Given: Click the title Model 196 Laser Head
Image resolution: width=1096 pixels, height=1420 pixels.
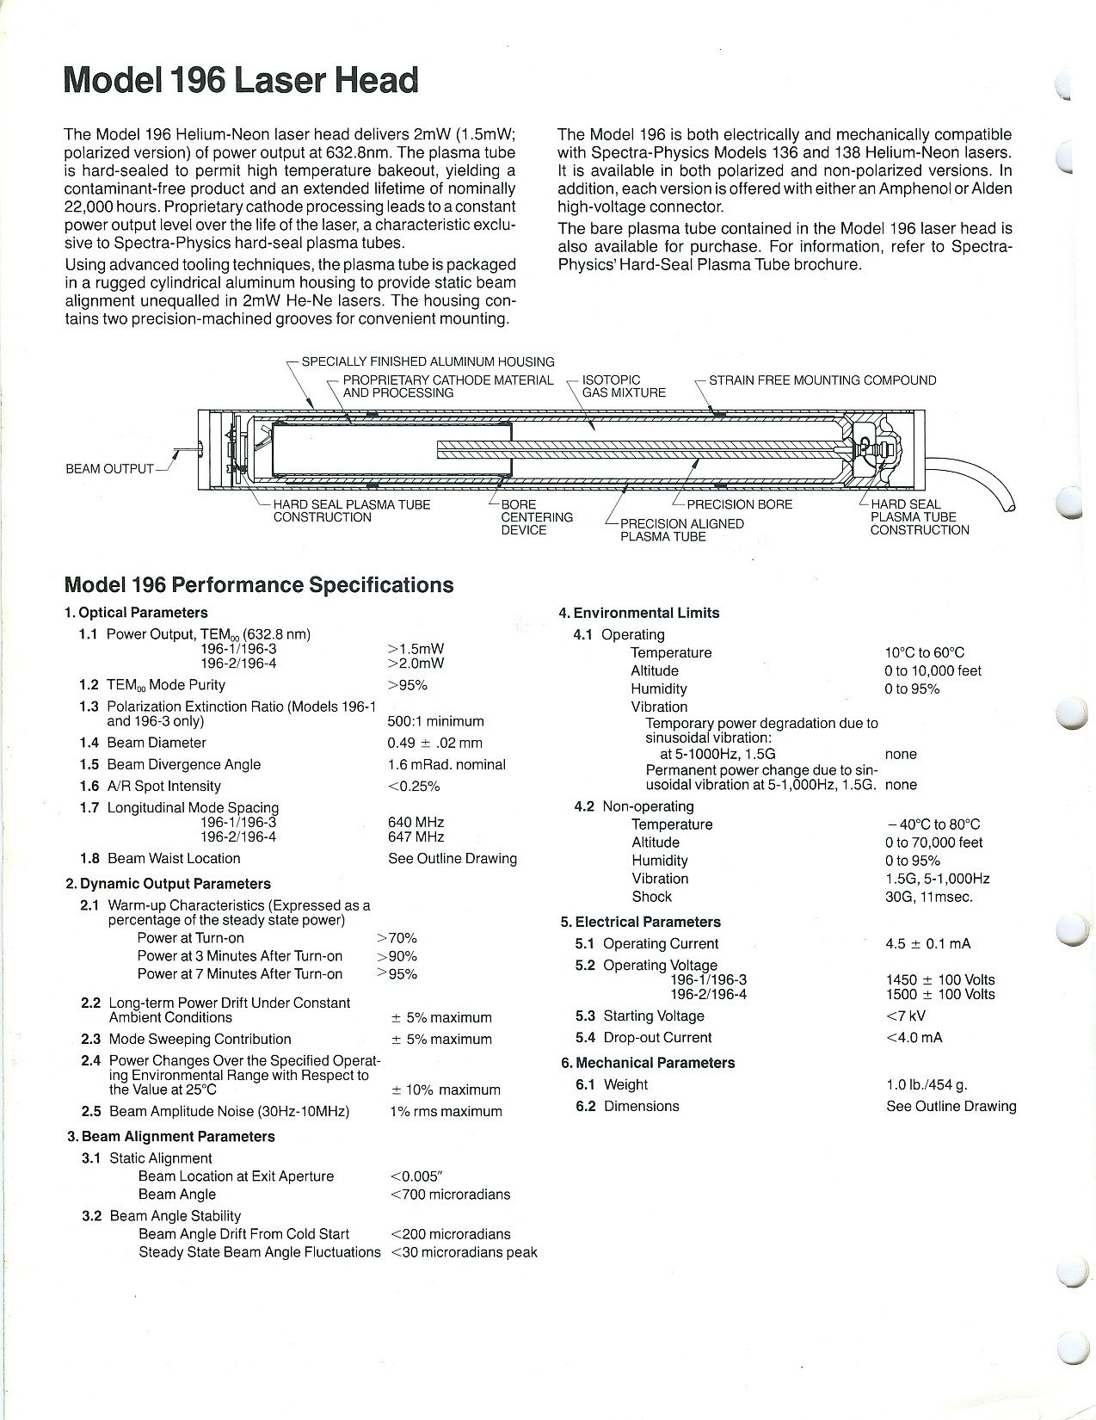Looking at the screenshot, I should pos(241,80).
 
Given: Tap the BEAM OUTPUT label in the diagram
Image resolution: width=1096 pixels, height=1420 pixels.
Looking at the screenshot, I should pos(109,469).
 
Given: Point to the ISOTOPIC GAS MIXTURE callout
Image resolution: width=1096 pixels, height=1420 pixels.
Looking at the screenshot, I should pos(624,386).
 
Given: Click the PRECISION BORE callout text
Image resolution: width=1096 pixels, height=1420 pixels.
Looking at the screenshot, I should pos(739,504).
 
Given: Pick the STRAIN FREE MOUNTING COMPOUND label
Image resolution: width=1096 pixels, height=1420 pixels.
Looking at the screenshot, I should pos(822,380).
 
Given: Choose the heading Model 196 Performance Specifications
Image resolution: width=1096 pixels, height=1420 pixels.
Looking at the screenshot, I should pos(259,585).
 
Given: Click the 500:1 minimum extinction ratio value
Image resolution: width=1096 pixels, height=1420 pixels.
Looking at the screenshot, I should pos(435,721).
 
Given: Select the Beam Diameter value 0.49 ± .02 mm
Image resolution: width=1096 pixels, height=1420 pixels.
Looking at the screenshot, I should pos(434,743).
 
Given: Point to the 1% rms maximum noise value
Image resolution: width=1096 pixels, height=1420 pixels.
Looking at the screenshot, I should pos(446,1111).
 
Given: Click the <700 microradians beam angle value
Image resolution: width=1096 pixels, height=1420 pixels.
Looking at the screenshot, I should pos(450,1195).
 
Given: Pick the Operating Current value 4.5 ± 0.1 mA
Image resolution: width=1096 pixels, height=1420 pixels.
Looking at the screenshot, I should pos(927,944).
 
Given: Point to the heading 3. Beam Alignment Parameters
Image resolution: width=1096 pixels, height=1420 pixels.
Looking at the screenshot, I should pos(171,1137).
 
